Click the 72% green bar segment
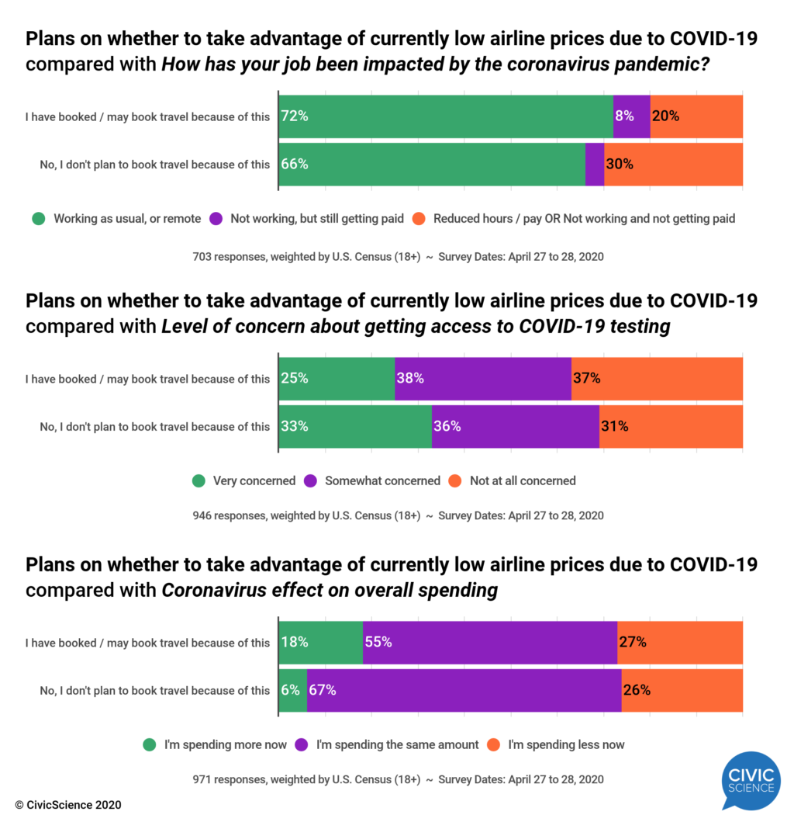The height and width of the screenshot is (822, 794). (x=446, y=116)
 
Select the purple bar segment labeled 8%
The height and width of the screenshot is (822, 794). (x=631, y=116)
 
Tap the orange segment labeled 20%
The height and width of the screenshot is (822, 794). (x=696, y=116)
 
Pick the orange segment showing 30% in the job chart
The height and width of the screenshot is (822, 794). (x=673, y=164)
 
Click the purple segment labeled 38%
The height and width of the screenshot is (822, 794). (x=482, y=379)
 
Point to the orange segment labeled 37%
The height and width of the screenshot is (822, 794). (x=657, y=379)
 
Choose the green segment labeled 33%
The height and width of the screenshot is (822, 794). (x=355, y=426)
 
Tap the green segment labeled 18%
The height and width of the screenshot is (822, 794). (x=320, y=642)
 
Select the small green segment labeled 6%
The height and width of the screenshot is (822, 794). (x=292, y=689)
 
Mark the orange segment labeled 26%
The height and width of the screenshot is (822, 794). (x=682, y=689)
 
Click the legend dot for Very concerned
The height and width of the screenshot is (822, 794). (x=198, y=480)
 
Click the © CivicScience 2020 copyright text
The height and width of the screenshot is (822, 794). (x=67, y=805)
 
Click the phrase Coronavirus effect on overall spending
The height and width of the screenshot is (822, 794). (x=330, y=590)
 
